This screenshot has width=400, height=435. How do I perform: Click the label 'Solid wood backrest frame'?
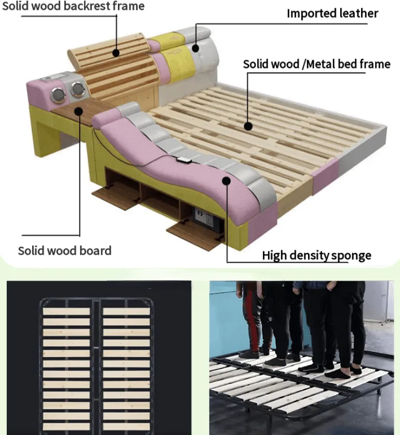[x=73, y=6]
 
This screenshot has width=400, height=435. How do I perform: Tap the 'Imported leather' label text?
[x=332, y=13]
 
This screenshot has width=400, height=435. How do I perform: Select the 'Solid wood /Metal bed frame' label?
[x=317, y=64]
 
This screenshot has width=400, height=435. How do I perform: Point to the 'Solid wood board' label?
[x=65, y=251]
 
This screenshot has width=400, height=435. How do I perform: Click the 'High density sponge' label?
[x=316, y=255]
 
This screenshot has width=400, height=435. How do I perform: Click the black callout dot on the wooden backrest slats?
[x=116, y=53]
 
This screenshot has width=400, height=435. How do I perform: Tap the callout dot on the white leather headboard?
[x=195, y=48]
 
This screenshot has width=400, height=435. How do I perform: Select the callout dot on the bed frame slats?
[x=248, y=126]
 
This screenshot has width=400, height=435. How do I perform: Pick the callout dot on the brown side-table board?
[x=79, y=112]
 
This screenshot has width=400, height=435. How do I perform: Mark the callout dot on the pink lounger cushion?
[x=226, y=181]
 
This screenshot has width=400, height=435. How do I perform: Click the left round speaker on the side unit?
[x=58, y=95]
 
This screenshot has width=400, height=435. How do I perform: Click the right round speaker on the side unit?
[x=77, y=89]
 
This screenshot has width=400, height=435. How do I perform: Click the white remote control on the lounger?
[x=184, y=159]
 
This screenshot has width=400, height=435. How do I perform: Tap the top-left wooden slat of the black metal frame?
[x=66, y=311]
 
